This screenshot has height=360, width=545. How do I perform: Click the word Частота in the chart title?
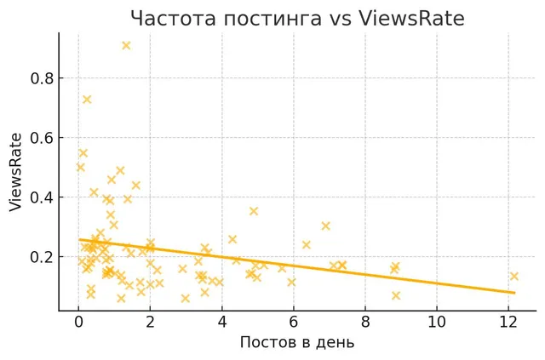(174, 19)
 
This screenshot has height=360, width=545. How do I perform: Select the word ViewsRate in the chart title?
(411, 19)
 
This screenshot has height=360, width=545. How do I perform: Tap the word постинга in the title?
(272, 20)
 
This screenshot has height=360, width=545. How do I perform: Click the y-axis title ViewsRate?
(15, 173)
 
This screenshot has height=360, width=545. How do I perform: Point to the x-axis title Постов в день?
(297, 342)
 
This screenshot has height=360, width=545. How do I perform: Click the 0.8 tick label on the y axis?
(43, 78)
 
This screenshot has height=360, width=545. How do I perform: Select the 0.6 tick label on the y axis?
(43, 138)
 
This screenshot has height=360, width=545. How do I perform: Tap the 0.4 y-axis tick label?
(43, 197)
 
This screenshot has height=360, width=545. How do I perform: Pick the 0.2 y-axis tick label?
(43, 257)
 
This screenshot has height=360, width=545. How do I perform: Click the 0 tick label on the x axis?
(78, 322)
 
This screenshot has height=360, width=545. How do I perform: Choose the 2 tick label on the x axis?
(150, 322)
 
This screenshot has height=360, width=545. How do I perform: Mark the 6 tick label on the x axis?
(293, 322)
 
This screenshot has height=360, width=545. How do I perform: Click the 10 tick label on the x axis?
(437, 322)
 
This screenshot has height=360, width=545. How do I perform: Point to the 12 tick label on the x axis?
(508, 322)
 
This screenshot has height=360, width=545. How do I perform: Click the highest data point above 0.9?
(126, 45)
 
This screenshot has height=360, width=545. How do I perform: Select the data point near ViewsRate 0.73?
(87, 100)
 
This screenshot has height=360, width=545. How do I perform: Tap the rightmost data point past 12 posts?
(514, 277)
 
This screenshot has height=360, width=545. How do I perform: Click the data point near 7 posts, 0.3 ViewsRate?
(325, 226)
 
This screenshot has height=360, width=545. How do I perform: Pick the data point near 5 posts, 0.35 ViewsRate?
(254, 211)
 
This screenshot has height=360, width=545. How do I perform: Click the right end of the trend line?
(514, 293)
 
